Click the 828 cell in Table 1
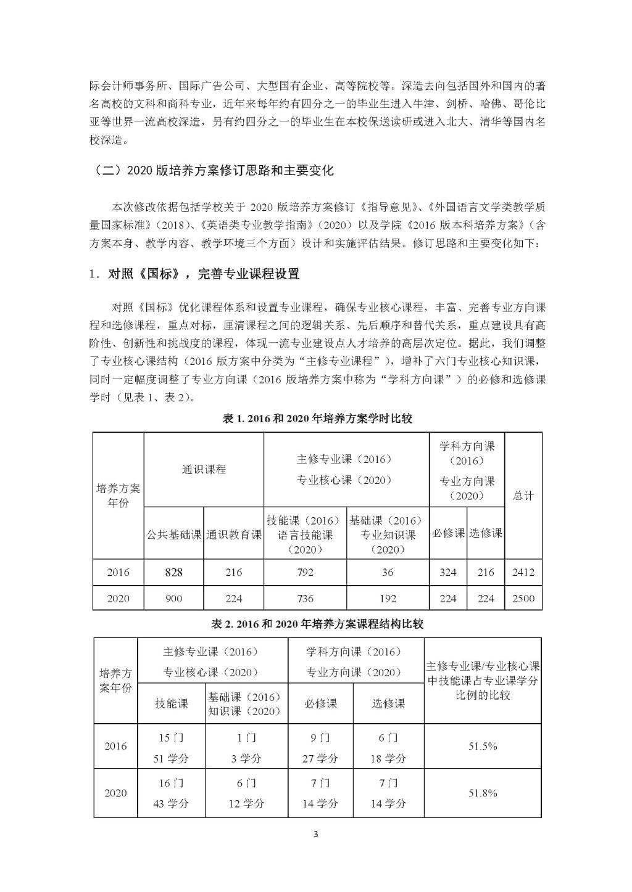pos(173,572)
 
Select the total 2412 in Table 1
pos(523,572)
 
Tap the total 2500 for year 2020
pos(523,598)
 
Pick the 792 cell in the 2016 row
pos(305,572)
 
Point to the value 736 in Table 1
pos(305,598)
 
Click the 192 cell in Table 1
pos(387,598)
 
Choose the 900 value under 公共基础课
pos(173,598)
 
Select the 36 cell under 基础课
pos(387,572)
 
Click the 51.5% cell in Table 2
pos(483,746)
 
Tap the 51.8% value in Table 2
pos(483,793)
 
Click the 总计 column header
pos(523,496)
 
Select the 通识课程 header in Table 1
pos(204,469)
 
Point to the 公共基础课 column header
pos(173,534)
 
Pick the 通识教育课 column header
pos(233,534)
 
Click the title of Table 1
pos(317,419)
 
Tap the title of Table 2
pos(317,624)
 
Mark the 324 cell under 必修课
pos(447,572)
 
